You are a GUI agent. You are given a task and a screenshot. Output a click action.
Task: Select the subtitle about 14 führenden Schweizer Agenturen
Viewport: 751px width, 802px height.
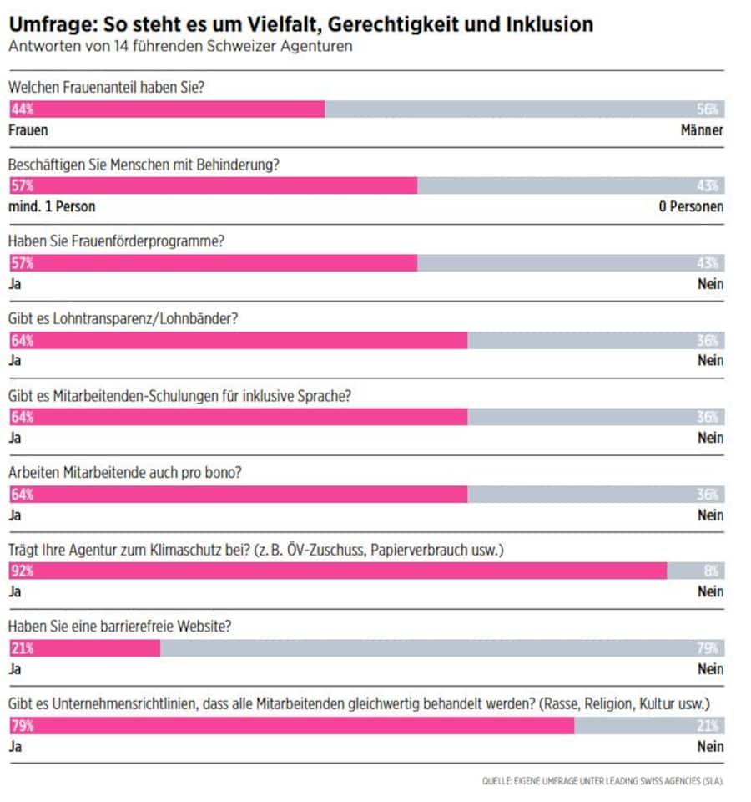pos(179,47)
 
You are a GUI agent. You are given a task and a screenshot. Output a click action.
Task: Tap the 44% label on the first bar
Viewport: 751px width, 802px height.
pos(22,109)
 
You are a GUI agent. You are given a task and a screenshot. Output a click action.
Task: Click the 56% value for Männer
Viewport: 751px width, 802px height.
pos(709,109)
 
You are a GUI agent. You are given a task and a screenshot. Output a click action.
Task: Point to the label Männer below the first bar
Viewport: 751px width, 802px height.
pos(701,130)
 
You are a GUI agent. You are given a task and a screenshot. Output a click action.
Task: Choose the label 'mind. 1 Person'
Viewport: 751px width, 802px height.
pos(52,206)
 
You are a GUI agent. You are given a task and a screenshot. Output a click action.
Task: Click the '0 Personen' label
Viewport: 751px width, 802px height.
pos(690,206)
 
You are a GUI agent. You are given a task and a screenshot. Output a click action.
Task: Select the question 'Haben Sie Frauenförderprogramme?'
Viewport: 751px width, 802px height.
pos(117,241)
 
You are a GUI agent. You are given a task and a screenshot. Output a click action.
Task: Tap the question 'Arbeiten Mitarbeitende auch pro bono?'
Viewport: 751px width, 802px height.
pos(125,472)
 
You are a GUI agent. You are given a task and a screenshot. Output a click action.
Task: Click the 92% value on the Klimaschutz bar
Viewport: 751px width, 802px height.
pos(22,571)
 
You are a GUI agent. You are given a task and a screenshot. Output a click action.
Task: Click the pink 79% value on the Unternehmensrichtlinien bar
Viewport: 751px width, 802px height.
pos(22,726)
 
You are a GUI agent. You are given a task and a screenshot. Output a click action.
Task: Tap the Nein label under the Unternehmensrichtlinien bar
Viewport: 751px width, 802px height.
pos(710,746)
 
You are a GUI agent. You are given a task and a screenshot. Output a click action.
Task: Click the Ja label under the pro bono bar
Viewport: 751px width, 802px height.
pos(14,515)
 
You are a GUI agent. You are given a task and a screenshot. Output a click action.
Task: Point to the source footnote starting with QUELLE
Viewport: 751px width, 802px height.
pos(602,781)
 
